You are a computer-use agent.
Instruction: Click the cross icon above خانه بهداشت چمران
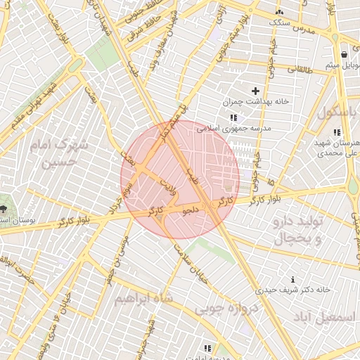point(255,91)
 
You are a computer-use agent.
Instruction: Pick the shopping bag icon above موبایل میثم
point(344,54)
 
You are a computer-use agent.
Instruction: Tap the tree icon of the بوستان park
point(4,208)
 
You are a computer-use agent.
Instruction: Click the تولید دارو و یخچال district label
point(296,230)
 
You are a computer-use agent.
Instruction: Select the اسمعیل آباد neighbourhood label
point(333,317)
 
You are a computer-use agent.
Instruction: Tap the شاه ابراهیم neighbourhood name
point(143,299)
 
